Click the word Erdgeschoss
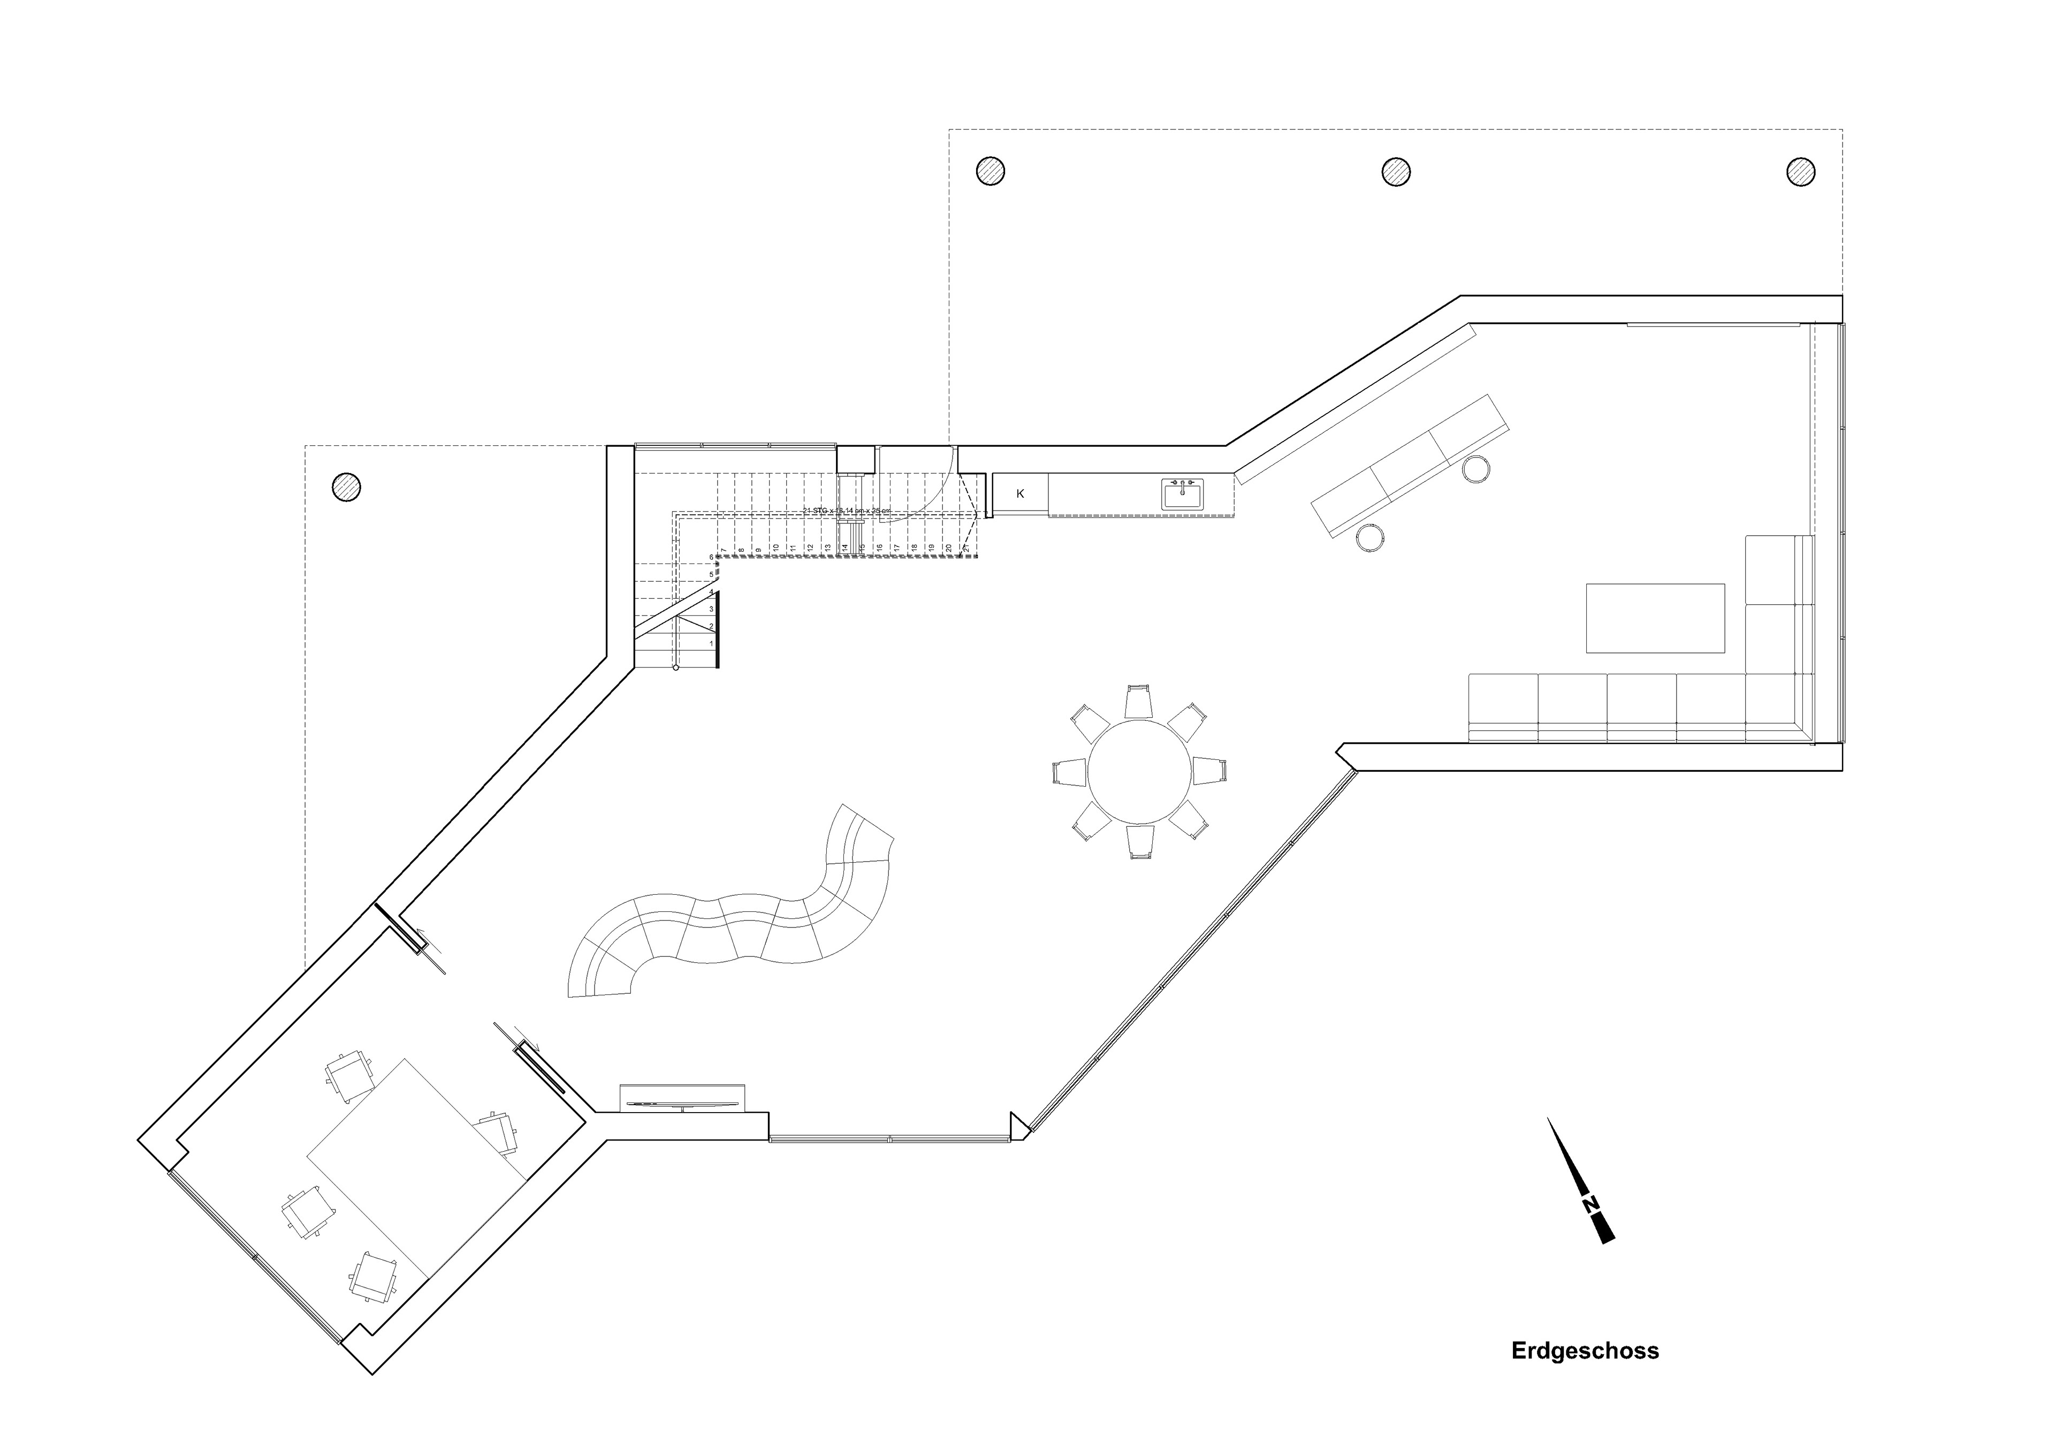click(1585, 1376)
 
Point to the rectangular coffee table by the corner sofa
click(1655, 618)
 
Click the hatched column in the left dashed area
click(346, 487)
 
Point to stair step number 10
click(775, 548)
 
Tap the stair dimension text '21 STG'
click(846, 511)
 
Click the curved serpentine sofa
click(734, 931)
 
